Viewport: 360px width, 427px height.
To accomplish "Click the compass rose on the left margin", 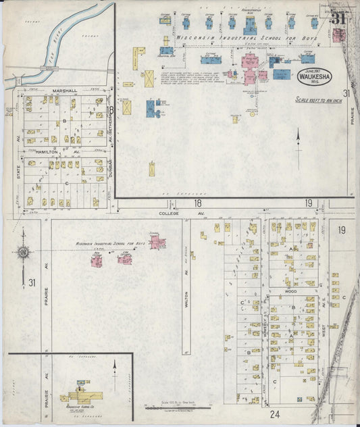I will coord(23,253).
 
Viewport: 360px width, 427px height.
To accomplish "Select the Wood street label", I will coord(290,291).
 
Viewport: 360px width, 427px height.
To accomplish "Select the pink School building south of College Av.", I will coord(157,241).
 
